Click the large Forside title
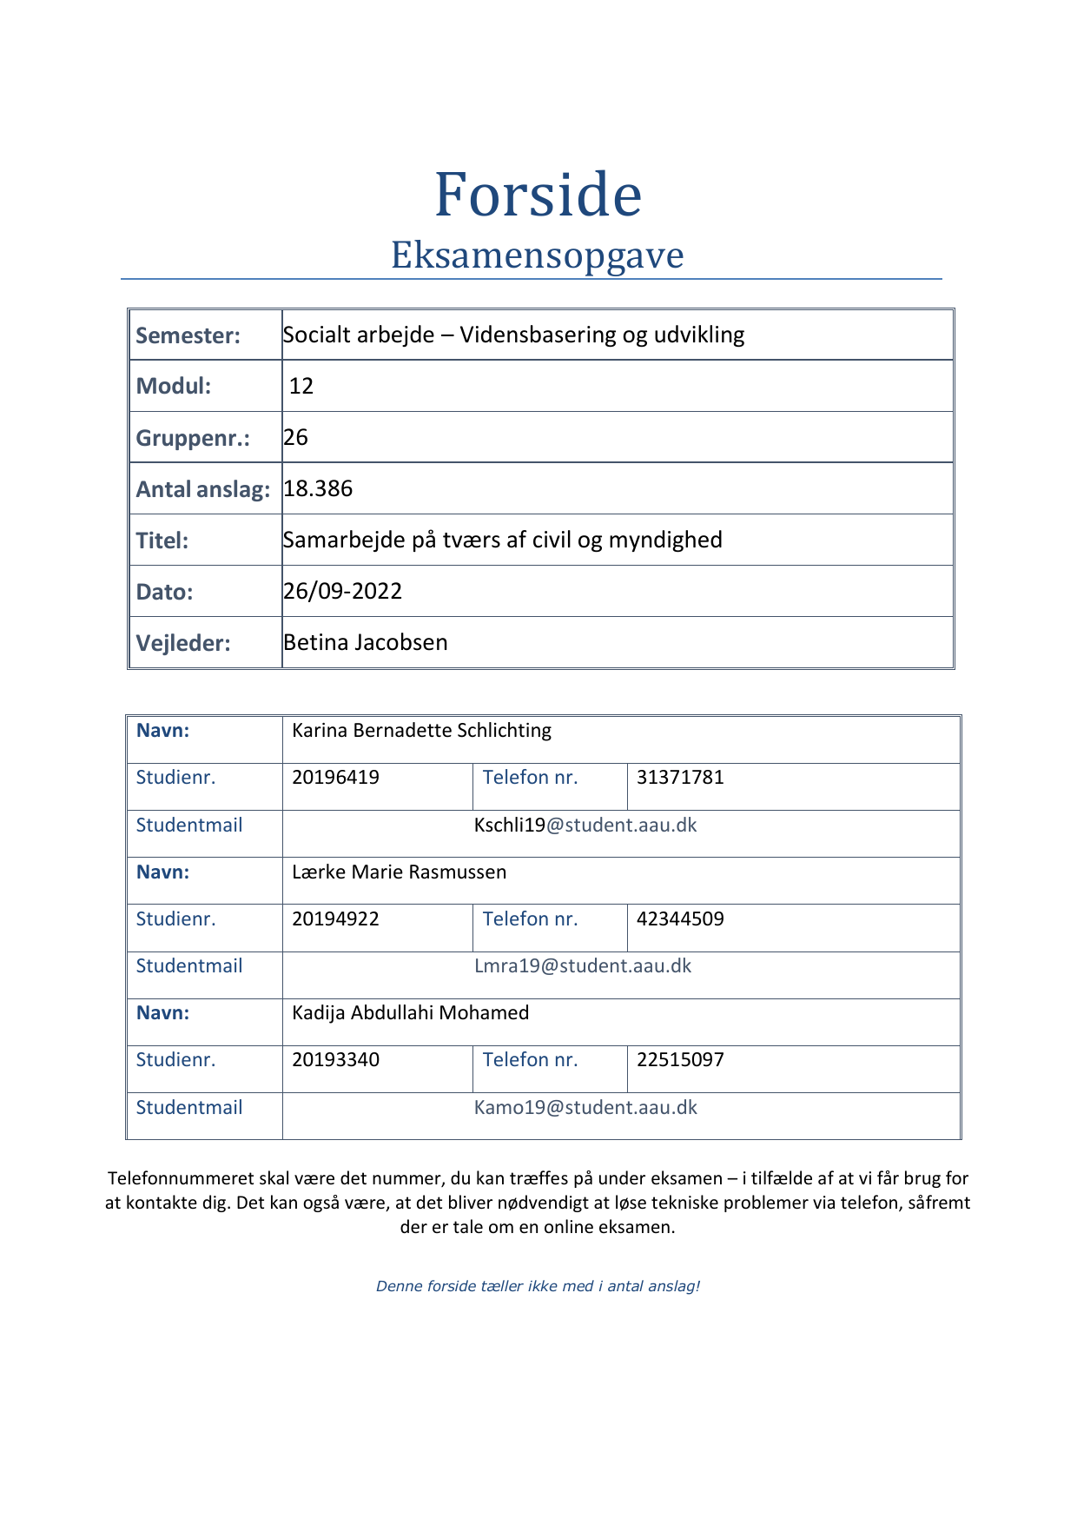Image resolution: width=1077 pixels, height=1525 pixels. pyautogui.click(x=538, y=195)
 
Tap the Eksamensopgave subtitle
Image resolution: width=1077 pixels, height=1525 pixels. pyautogui.click(x=538, y=255)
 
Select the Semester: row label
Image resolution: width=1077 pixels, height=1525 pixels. pyautogui.click(x=188, y=335)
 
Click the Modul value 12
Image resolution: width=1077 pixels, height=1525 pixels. pyautogui.click(x=301, y=386)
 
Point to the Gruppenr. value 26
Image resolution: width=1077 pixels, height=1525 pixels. pyautogui.click(x=296, y=437)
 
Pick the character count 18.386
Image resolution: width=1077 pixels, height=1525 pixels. pyautogui.click(x=318, y=488)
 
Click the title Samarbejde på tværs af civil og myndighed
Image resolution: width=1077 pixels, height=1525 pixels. pyautogui.click(x=502, y=540)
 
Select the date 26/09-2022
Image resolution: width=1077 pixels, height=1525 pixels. pyautogui.click(x=343, y=591)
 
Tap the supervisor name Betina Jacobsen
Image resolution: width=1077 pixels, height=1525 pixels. pyautogui.click(x=366, y=642)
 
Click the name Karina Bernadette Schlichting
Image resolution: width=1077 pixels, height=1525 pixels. pyautogui.click(x=421, y=730)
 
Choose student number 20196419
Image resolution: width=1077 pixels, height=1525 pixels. pyautogui.click(x=335, y=777)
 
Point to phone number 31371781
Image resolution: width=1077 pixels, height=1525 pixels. pyautogui.click(x=680, y=777)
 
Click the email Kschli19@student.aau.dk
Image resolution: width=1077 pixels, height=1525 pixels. pyautogui.click(x=585, y=825)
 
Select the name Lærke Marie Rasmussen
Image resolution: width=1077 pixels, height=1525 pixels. pyautogui.click(x=399, y=872)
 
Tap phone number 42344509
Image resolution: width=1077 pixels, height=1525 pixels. pyautogui.click(x=680, y=918)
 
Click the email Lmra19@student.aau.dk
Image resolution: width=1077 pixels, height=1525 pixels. pyautogui.click(x=583, y=965)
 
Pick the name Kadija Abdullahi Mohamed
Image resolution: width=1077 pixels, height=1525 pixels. pyautogui.click(x=410, y=1012)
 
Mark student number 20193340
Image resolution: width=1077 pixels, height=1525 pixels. pyautogui.click(x=335, y=1059)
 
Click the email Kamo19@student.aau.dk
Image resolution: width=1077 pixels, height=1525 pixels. pyautogui.click(x=585, y=1107)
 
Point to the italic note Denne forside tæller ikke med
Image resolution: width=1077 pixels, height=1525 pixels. pyautogui.click(x=538, y=1286)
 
